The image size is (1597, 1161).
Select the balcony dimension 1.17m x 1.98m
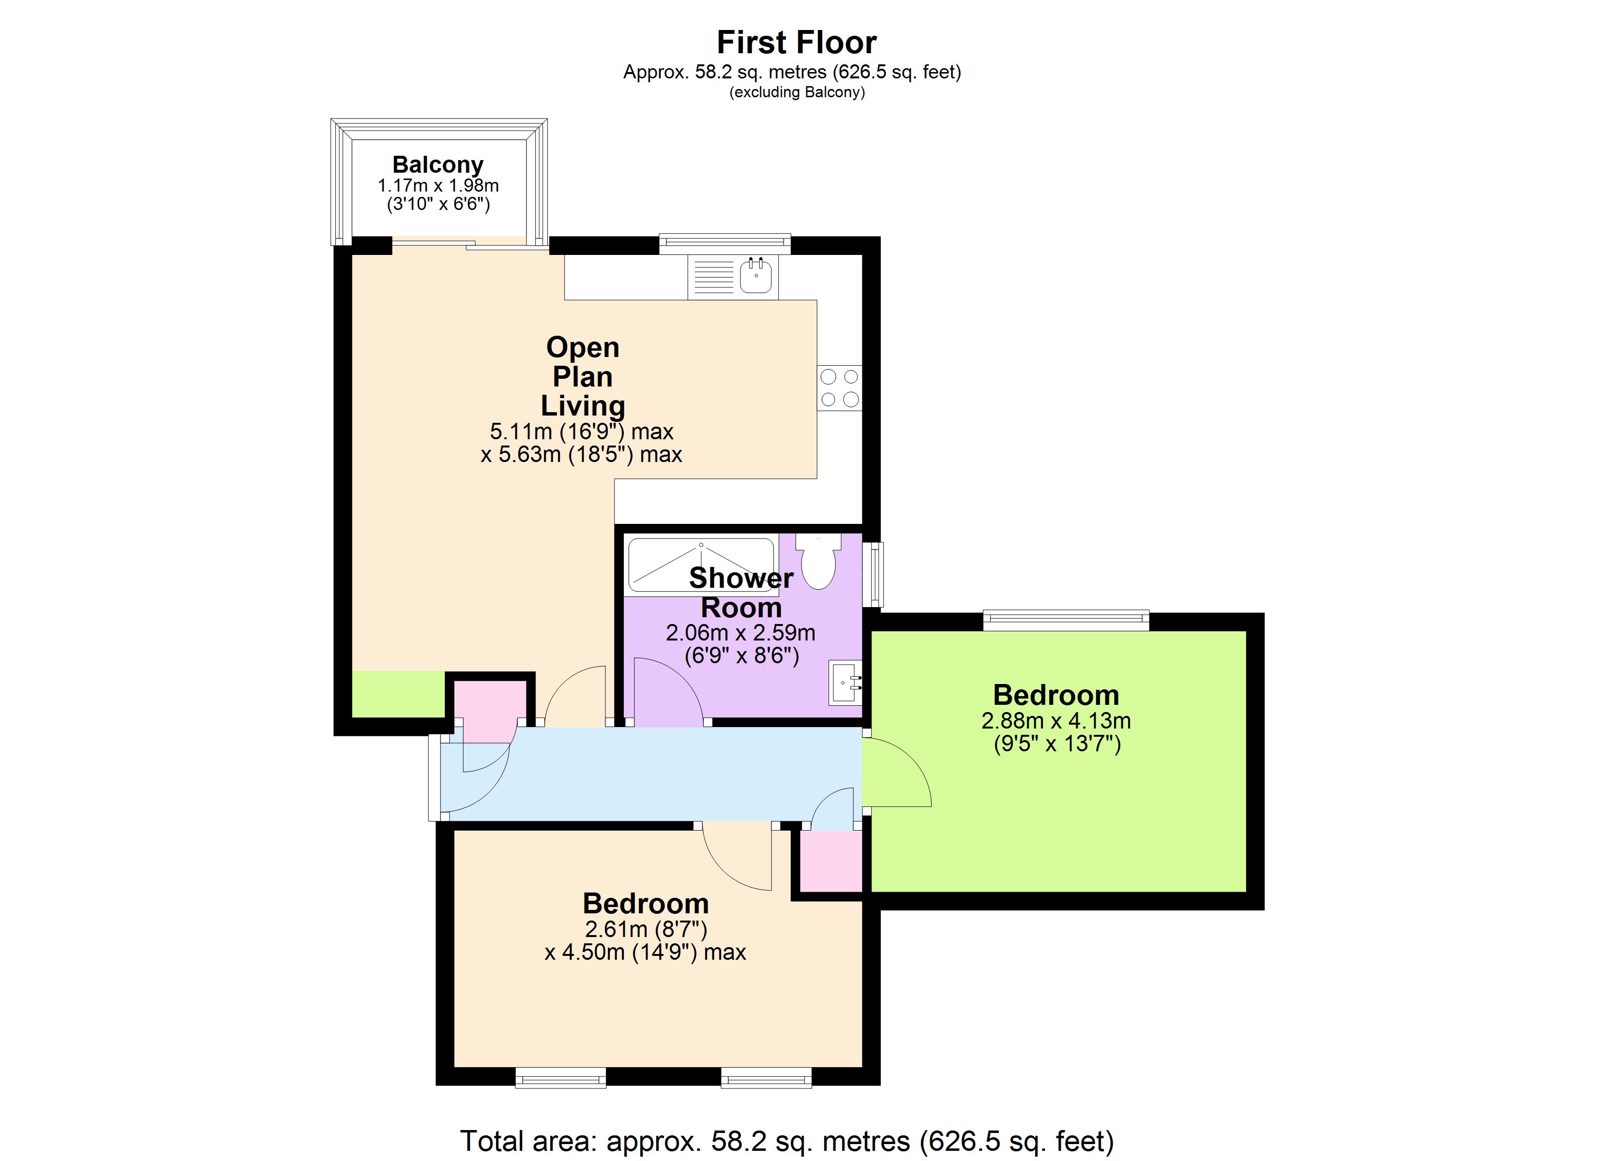(x=438, y=186)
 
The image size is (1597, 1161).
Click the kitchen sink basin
(x=755, y=277)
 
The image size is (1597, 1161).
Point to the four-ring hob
(x=839, y=388)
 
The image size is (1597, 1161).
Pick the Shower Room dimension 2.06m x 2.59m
(x=741, y=633)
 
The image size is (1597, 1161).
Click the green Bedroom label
(x=1055, y=695)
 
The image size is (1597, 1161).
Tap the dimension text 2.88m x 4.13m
(x=1055, y=721)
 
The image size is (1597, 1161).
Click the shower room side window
(x=873, y=574)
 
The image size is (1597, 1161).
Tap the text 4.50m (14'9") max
(x=645, y=953)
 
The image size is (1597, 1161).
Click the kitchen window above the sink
(x=724, y=243)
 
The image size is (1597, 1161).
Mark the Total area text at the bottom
(x=786, y=1141)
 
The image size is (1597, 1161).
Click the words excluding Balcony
(x=797, y=92)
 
